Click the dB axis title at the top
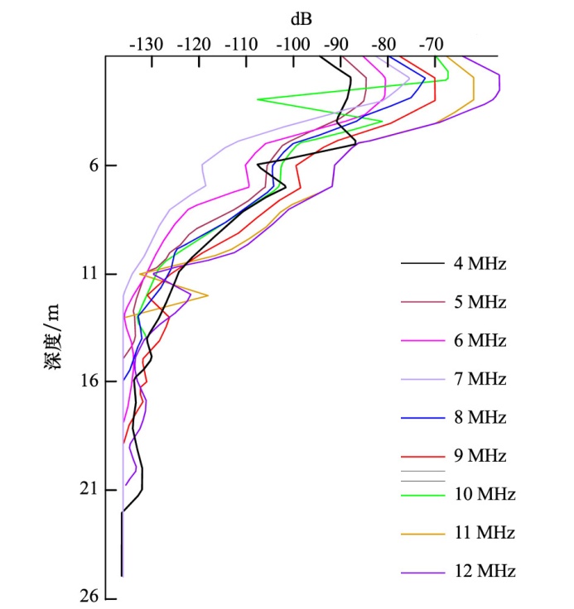[301, 17]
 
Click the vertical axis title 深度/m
[51, 337]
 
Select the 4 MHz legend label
[480, 265]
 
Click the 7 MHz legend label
[480, 380]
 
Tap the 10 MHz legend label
[484, 495]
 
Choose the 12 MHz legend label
[484, 572]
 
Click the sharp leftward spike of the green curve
[258, 99]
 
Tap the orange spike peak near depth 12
[208, 295]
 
